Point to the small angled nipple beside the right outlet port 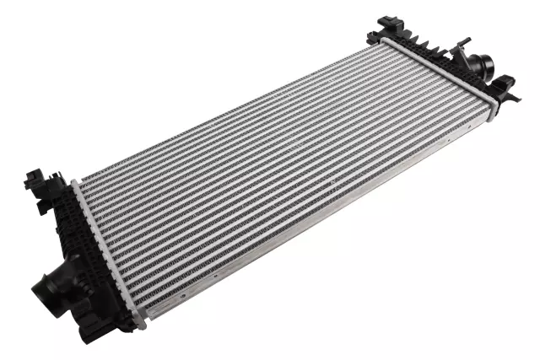click(x=462, y=46)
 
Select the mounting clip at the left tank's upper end click(x=36, y=180)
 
